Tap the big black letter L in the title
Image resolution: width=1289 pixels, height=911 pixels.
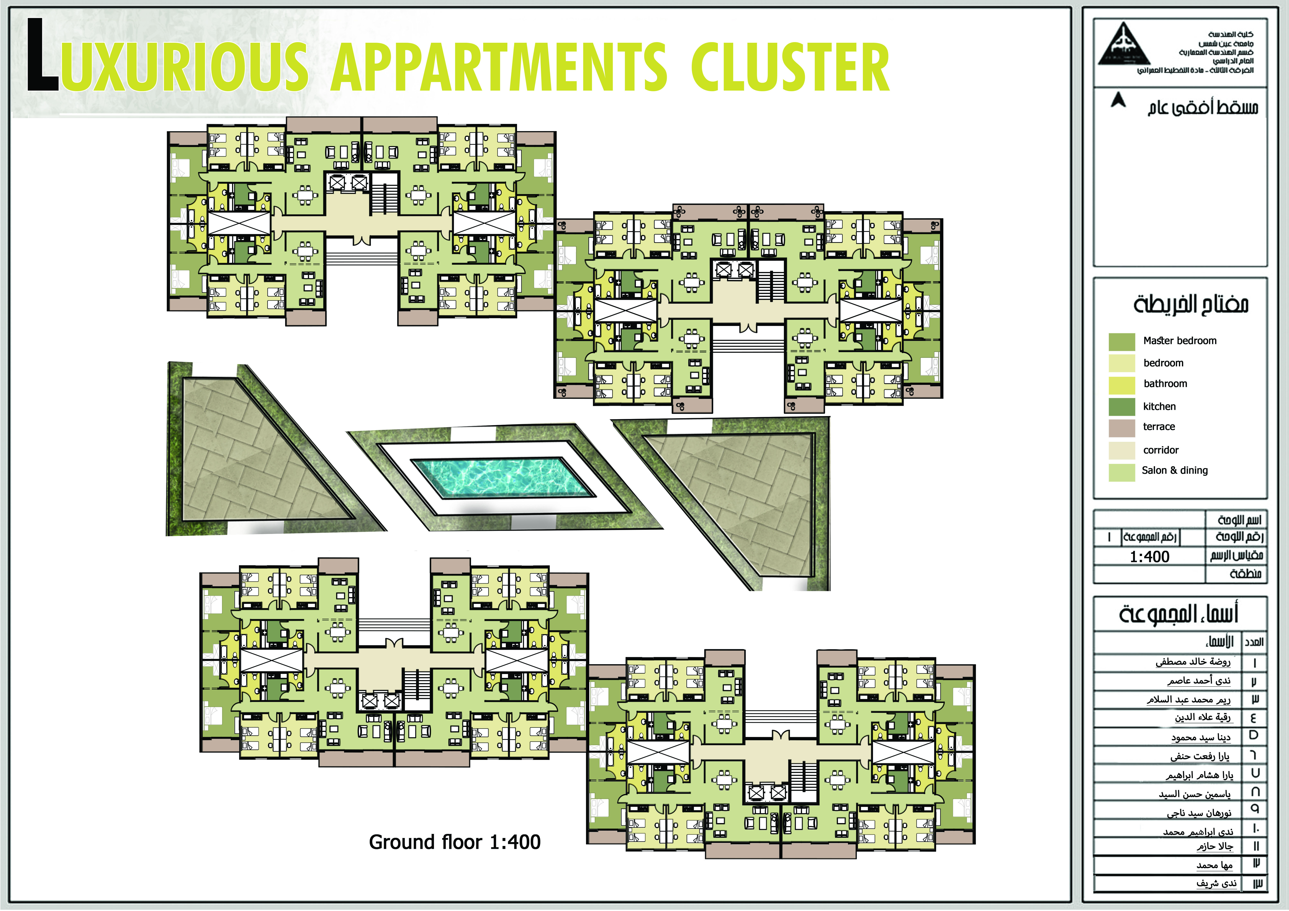[42, 56]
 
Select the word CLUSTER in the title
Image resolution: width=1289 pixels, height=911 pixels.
[790, 67]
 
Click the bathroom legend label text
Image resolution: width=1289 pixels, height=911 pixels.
[1165, 384]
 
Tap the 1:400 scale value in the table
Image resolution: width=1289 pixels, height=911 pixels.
[1149, 556]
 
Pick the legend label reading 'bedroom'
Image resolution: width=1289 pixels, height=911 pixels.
[1163, 363]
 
